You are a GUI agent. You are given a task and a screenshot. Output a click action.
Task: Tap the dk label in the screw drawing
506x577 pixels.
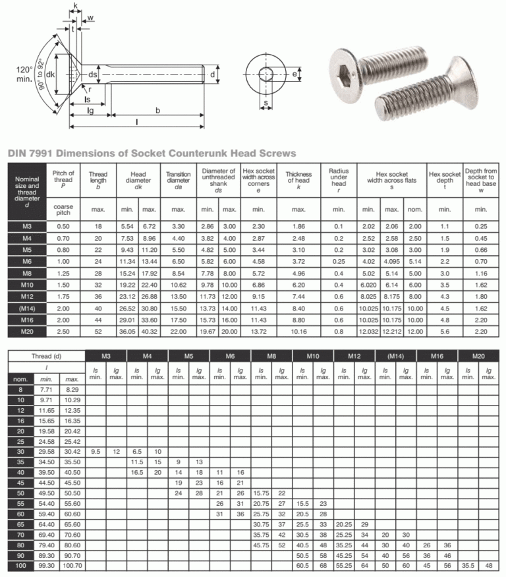pos(50,75)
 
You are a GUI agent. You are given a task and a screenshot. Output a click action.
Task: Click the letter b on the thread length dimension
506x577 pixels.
pos(157,111)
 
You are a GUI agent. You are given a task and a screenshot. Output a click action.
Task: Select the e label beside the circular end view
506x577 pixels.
pos(295,74)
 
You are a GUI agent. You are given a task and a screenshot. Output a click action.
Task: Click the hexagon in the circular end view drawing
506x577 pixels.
pos(266,74)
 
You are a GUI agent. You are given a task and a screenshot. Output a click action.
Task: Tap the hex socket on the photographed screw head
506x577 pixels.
pos(351,67)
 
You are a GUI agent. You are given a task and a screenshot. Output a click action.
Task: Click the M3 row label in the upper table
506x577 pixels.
pos(27,227)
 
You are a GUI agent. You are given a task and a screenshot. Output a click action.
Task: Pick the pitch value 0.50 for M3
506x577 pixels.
pos(63,227)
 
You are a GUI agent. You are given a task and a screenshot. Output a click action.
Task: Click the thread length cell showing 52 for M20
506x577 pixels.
pos(98,332)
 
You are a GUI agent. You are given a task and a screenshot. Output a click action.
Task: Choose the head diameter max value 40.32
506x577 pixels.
pos(149,332)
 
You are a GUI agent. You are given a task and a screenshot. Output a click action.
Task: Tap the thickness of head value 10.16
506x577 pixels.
pos(298,332)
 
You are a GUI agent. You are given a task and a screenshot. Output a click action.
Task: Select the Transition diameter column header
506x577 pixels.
pos(178,178)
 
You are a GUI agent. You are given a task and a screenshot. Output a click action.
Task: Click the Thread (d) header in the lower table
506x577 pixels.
pos(46,356)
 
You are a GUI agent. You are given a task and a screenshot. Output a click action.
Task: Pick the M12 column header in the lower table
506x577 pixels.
pos(354,356)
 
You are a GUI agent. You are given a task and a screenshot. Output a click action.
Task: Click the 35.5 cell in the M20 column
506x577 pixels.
pos(467,565)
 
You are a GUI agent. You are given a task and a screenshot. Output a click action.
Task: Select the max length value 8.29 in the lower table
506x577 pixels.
pos(71,390)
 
